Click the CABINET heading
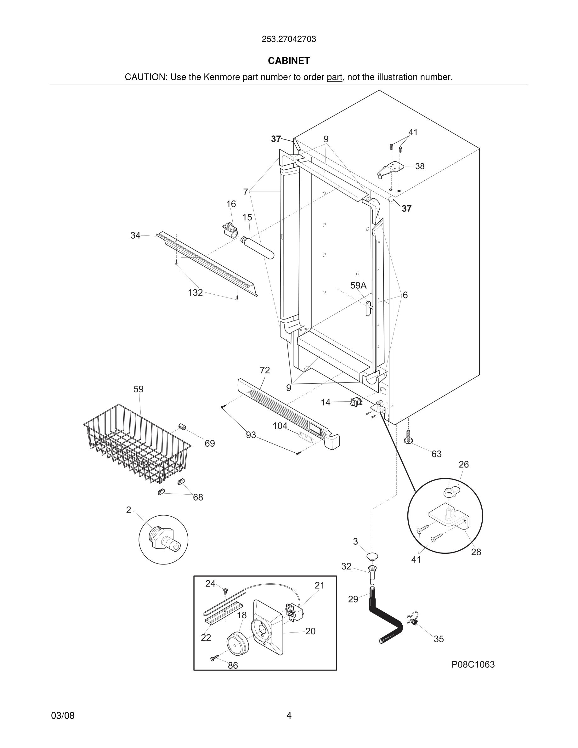pos(289,61)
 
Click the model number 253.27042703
pos(289,39)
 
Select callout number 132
pos(195,293)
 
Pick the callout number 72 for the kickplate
pos(265,370)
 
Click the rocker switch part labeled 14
pos(356,402)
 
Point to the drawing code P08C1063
pos(473,665)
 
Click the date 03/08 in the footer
pos(63,716)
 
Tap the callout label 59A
pos(358,285)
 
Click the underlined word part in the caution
pos(334,77)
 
